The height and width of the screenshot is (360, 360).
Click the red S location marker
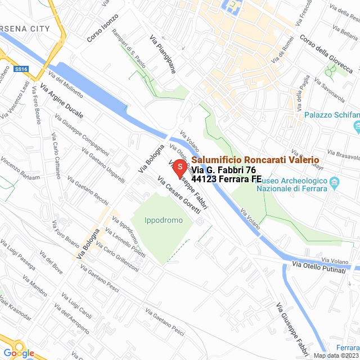point(179,168)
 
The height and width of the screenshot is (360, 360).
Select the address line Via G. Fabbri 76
point(224,170)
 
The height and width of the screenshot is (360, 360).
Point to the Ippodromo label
point(164,220)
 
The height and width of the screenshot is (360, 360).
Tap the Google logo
point(19,353)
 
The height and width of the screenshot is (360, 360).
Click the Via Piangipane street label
point(163,54)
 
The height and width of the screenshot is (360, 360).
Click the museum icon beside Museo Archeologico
point(334,183)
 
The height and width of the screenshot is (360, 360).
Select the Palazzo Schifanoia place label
point(331,115)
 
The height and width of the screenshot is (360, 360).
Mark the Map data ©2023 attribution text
point(336,355)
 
